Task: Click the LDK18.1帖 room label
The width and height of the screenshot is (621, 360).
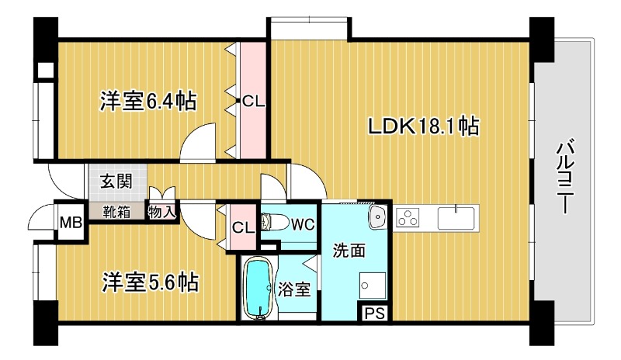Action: (423, 126)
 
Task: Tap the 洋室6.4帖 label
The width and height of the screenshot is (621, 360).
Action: (147, 102)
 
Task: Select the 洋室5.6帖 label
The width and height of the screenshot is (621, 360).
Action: (150, 282)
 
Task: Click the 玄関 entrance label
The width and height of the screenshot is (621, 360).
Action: (116, 182)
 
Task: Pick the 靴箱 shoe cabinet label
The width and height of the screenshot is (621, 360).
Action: (116, 212)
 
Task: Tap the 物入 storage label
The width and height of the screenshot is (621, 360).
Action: (161, 213)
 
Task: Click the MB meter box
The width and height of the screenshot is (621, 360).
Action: (71, 223)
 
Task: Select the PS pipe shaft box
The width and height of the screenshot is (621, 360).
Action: (375, 313)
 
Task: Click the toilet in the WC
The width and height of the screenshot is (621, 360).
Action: (275, 223)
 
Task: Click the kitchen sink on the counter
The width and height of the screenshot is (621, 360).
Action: (456, 218)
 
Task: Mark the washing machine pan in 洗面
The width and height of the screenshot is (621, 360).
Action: (373, 286)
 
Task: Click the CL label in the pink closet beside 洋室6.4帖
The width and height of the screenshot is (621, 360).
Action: (253, 102)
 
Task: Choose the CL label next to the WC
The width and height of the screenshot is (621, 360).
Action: (243, 228)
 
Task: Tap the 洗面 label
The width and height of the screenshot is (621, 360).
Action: (349, 251)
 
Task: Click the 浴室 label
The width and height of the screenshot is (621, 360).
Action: (293, 289)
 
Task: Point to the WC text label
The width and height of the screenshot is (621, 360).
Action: (303, 225)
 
